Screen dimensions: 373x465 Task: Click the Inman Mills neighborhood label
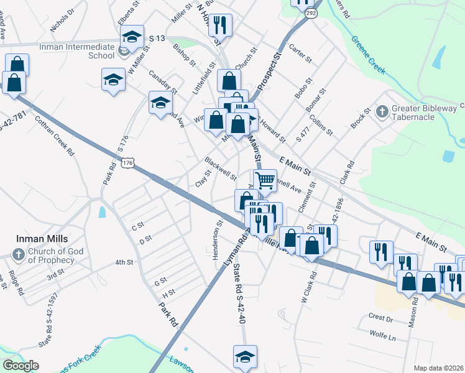point(42,239)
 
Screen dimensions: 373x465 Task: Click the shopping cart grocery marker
point(265,181)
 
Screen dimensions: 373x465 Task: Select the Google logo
point(21,366)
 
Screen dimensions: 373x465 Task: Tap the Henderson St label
point(218,240)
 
